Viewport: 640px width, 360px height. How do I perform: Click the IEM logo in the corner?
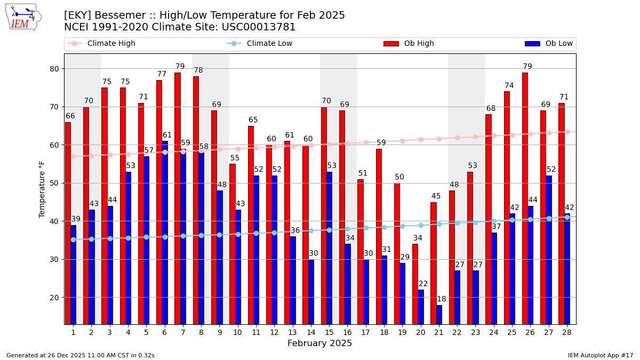click(23, 17)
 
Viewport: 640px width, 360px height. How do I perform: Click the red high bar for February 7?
click(177, 197)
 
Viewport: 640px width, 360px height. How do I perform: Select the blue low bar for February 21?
click(439, 315)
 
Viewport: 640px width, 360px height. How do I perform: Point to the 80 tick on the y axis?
click(54, 69)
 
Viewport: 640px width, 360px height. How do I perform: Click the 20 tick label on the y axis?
click(54, 298)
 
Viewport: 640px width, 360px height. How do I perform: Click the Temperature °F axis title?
click(43, 189)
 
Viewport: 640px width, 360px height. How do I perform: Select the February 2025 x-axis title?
click(319, 343)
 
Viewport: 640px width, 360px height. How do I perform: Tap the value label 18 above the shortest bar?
click(442, 299)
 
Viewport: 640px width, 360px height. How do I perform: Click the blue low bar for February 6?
click(165, 232)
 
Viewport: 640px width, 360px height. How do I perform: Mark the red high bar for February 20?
click(415, 284)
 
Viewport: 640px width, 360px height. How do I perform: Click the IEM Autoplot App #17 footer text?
click(600, 355)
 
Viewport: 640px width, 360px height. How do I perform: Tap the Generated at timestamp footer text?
click(81, 355)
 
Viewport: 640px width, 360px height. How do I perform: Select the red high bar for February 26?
click(525, 197)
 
